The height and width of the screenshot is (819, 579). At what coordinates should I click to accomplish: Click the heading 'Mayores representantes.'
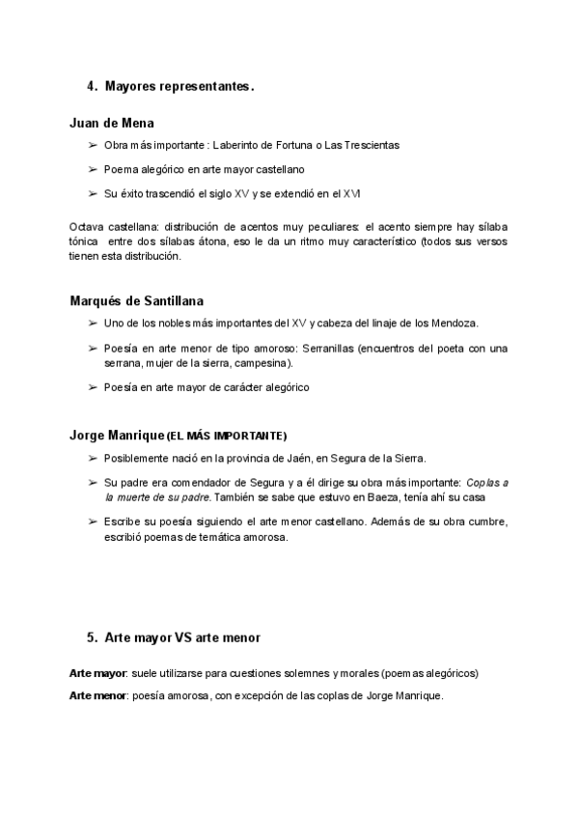pos(179,87)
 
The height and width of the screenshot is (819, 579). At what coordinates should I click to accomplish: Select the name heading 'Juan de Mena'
pos(112,124)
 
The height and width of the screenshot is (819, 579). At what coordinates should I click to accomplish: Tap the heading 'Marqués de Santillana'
pos(137,300)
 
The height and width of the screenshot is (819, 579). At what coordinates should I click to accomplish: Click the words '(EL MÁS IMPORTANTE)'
pos(228,436)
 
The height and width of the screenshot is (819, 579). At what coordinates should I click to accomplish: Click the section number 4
pos(91,87)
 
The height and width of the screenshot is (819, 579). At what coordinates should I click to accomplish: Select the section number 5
pos(91,637)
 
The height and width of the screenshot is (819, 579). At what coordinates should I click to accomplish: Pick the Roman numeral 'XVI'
pos(353,193)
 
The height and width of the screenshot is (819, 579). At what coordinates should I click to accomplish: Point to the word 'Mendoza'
pos(456,323)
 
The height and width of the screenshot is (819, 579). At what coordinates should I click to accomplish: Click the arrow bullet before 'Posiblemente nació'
pos(92,459)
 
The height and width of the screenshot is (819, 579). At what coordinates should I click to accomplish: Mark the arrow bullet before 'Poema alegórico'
pos(92,169)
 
